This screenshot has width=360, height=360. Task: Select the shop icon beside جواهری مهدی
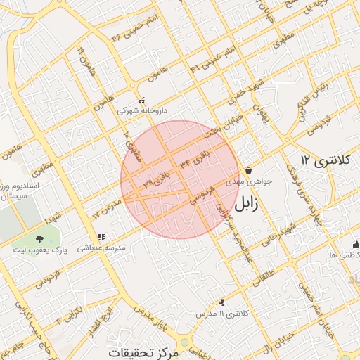[x=249, y=169]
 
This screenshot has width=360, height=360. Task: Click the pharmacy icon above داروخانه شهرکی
[x=143, y=99]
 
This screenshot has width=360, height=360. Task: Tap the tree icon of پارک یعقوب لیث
[x=39, y=240]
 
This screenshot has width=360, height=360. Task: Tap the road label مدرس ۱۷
[x=108, y=209]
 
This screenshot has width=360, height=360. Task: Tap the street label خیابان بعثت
[x=215, y=127]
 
